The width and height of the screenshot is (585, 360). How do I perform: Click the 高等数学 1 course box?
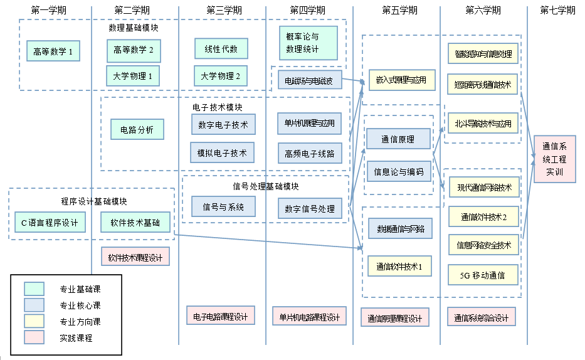pyautogui.click(x=53, y=51)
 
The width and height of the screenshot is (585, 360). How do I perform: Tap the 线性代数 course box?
pyautogui.click(x=221, y=48)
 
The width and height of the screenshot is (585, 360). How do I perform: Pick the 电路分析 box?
pyautogui.click(x=137, y=129)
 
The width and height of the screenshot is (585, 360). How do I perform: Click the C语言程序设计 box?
pyautogui.click(x=50, y=222)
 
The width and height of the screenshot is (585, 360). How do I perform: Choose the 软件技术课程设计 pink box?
pyautogui.click(x=135, y=257)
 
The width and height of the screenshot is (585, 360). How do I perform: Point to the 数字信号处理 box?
pyautogui.click(x=310, y=209)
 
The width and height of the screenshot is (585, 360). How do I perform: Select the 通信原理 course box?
pyautogui.click(x=398, y=139)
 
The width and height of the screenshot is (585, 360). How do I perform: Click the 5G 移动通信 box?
pyautogui.click(x=483, y=275)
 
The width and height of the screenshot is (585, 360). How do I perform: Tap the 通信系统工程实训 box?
pyautogui.click(x=554, y=159)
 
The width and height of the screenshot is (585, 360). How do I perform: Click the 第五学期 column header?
pyautogui.click(x=399, y=10)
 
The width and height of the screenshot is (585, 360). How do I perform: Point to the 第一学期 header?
pyautogui.click(x=48, y=10)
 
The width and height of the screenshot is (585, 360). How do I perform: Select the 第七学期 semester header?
pyautogui.click(x=557, y=10)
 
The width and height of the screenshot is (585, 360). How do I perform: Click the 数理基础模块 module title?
pyautogui.click(x=134, y=28)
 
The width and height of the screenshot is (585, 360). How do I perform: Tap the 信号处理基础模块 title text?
pyautogui.click(x=265, y=186)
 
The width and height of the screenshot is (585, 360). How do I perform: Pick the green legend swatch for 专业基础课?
pyautogui.click(x=34, y=289)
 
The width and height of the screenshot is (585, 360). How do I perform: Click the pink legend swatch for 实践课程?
pyautogui.click(x=34, y=337)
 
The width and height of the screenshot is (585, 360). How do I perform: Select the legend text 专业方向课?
pyautogui.click(x=80, y=322)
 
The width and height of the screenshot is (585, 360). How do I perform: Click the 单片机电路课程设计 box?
pyautogui.click(x=309, y=316)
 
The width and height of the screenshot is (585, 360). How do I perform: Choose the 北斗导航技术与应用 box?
pyautogui.click(x=483, y=124)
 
